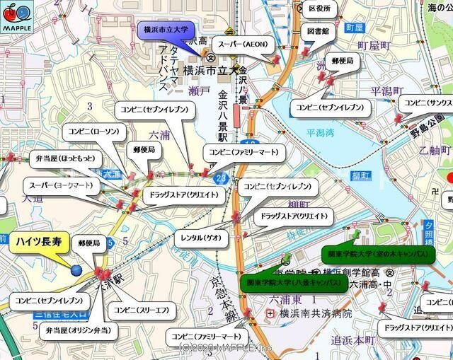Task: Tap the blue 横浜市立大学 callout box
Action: (166, 30)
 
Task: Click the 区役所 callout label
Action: (320, 8)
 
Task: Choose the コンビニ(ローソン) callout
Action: (93, 130)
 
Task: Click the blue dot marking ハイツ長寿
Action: (76, 269)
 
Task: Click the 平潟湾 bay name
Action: (320, 132)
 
